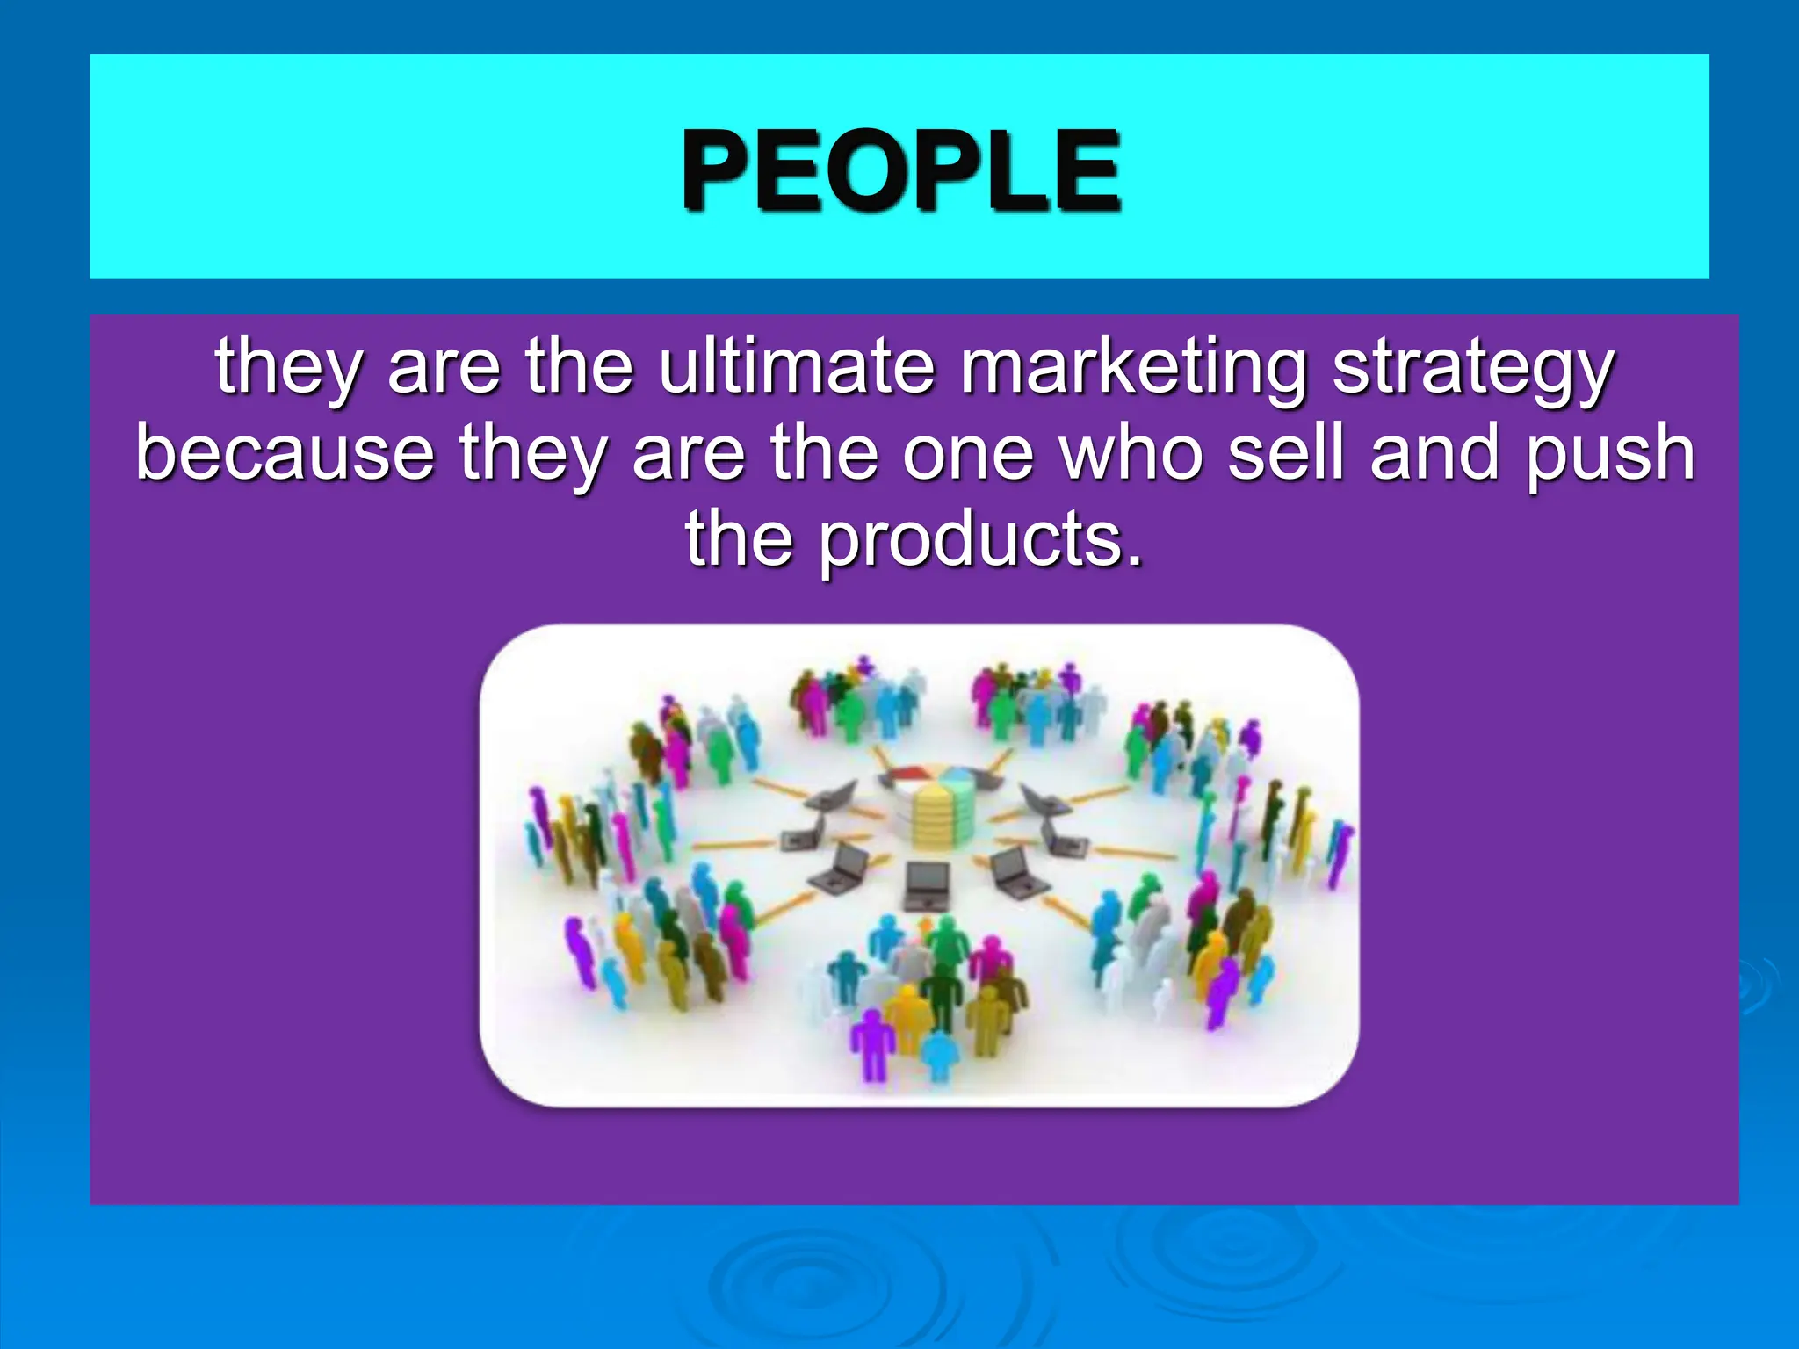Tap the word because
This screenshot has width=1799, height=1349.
[285, 452]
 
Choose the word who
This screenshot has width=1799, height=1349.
[1131, 452]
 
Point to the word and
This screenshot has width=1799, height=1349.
[1434, 452]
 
